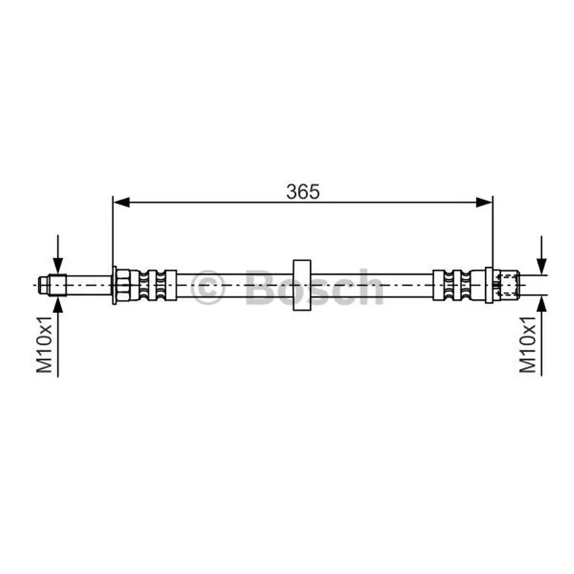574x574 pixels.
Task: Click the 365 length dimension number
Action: [x=303, y=192]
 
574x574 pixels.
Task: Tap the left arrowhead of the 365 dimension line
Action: [x=121, y=202]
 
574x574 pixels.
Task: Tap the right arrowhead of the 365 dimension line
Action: [x=484, y=202]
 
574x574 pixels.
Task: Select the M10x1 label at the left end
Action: [x=44, y=344]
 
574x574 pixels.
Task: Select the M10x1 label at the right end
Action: [x=528, y=344]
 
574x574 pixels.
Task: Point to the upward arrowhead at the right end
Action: [x=542, y=304]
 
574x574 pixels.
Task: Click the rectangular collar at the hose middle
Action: [x=302, y=285]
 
